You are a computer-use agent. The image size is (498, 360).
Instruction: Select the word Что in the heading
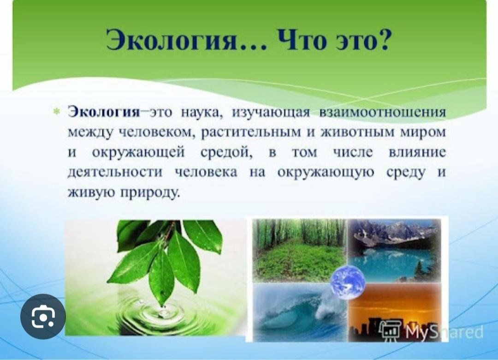point(304,40)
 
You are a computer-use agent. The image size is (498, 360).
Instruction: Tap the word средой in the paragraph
point(226,153)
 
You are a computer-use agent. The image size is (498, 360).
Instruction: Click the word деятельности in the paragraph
point(115,173)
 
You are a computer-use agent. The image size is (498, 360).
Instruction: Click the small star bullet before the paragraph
point(57,112)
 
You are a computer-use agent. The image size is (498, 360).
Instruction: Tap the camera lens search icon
point(43,317)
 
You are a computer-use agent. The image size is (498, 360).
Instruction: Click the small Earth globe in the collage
point(348,282)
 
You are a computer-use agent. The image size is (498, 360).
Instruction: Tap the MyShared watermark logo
point(432,332)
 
